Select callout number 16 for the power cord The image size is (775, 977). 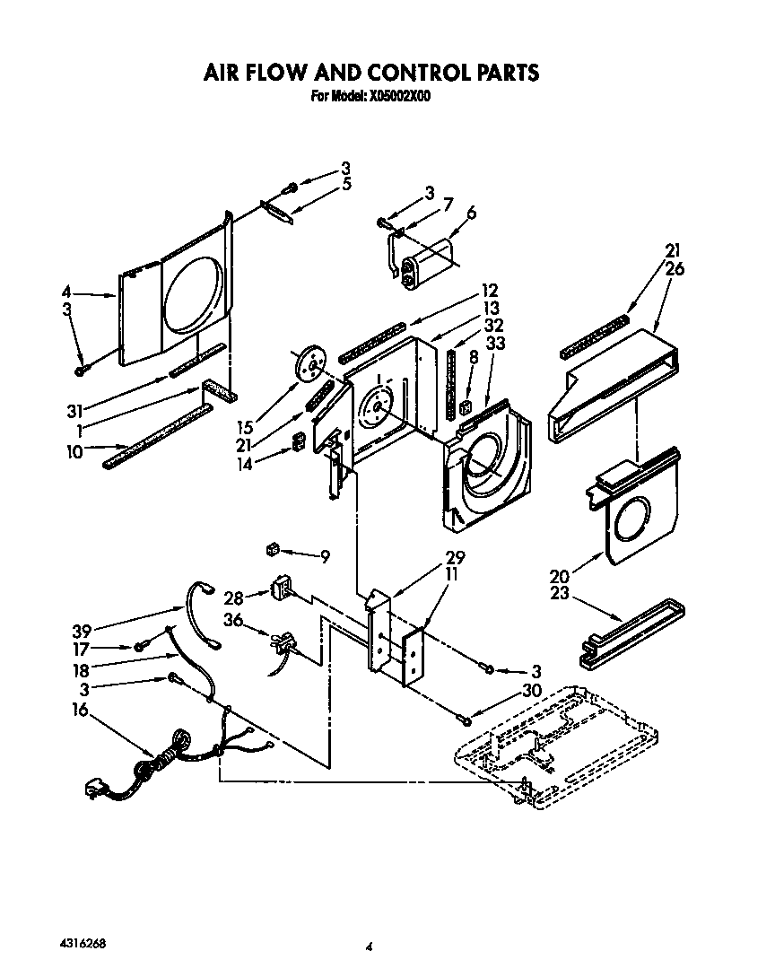[80, 710]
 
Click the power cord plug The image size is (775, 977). [92, 789]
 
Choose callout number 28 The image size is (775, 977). [231, 597]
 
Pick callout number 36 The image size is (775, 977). [233, 619]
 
